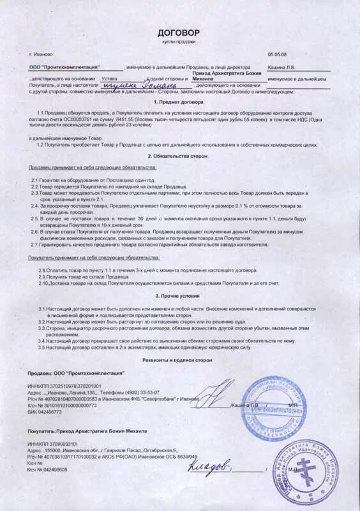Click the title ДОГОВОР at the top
[x=179, y=31]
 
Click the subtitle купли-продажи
[x=179, y=42]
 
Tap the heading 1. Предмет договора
[x=179, y=102]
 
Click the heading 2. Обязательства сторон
[x=179, y=156]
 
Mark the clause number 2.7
[x=36, y=245]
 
